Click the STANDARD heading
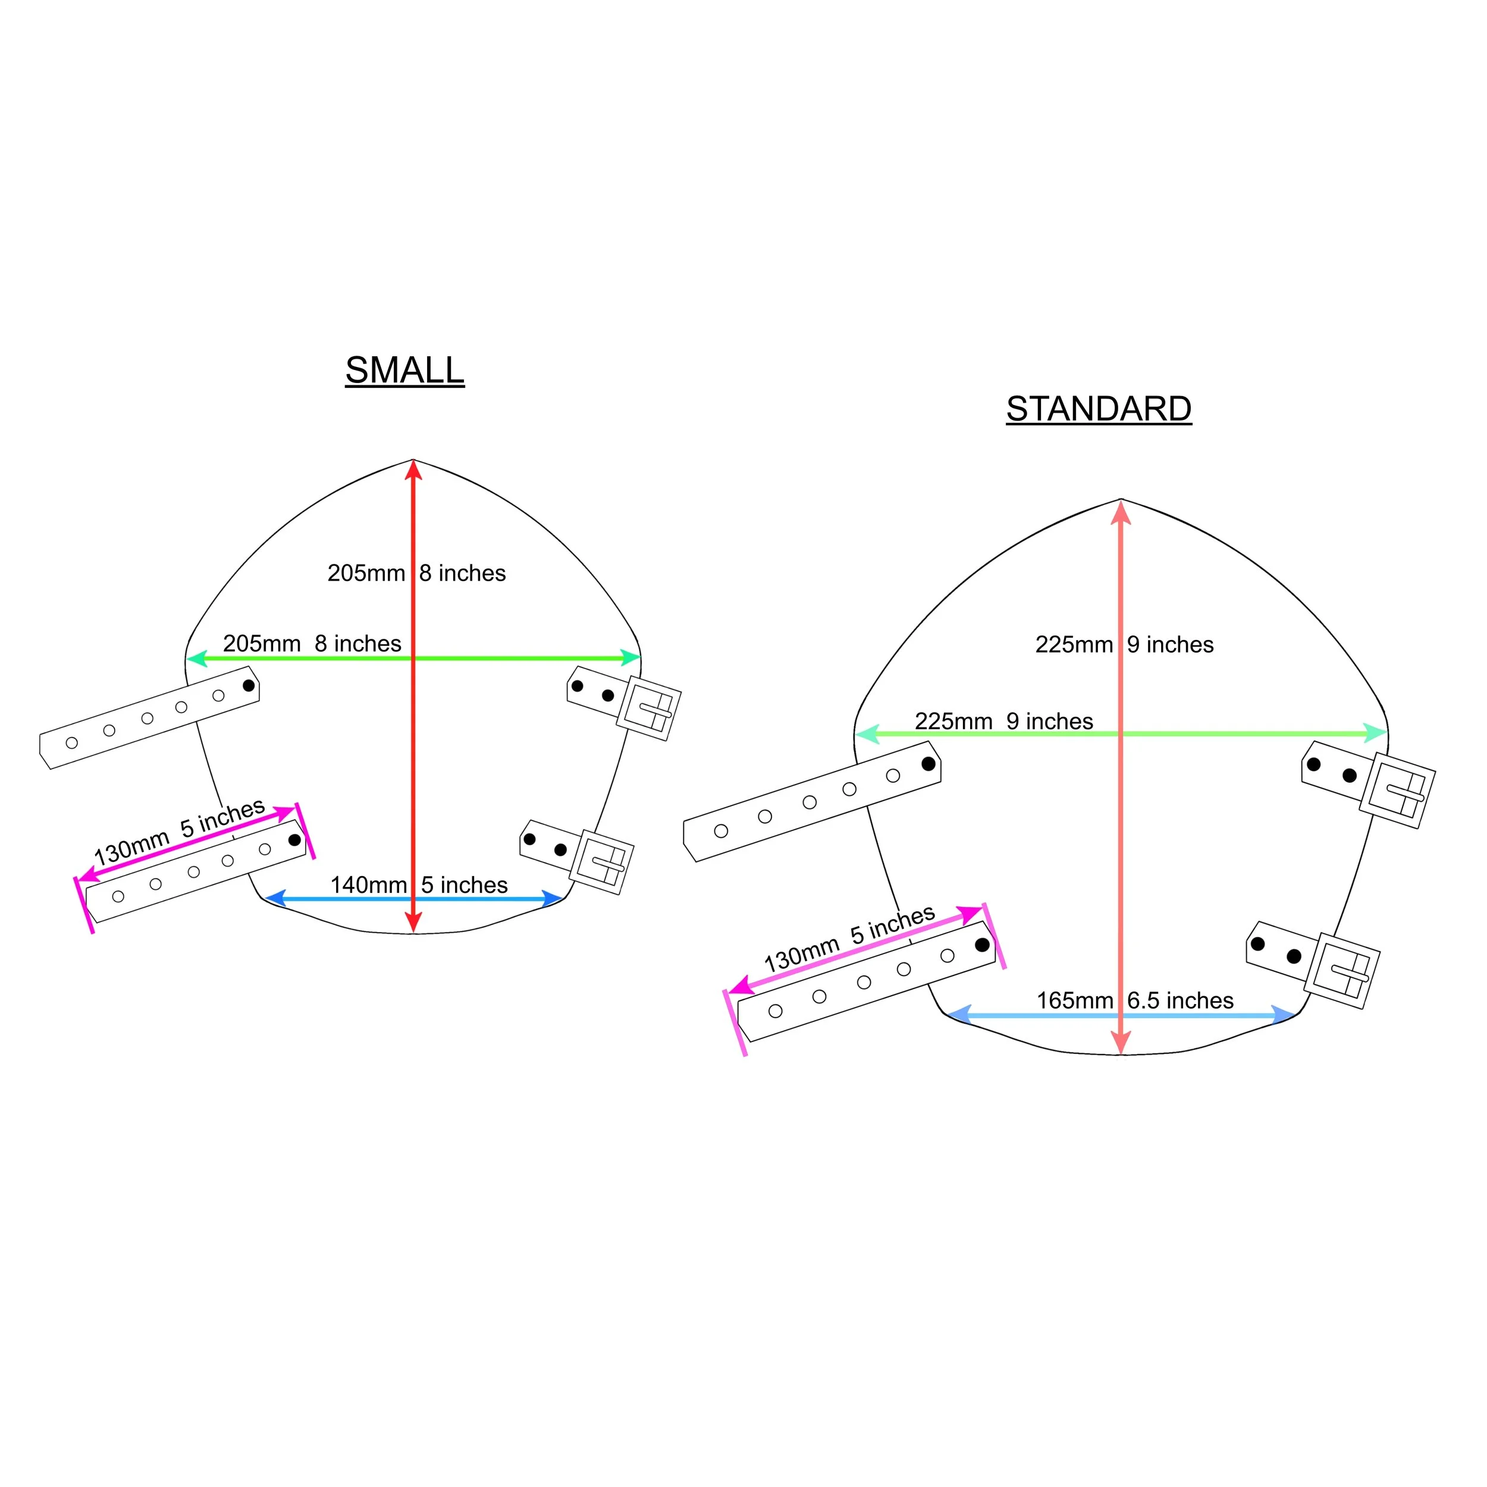(x=1099, y=409)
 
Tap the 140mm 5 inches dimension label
(x=419, y=884)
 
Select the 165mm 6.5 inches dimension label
(x=1134, y=1000)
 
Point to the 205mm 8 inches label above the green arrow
(x=312, y=644)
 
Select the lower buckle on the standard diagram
(x=1342, y=970)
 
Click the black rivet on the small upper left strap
(x=249, y=685)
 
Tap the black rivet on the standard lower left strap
(x=982, y=945)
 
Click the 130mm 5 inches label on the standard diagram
(x=849, y=937)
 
